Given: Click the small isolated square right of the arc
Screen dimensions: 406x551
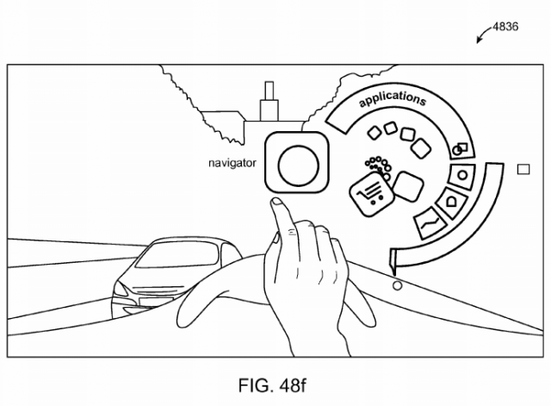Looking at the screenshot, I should (x=523, y=170).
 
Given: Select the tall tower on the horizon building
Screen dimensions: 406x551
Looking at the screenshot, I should (x=269, y=95).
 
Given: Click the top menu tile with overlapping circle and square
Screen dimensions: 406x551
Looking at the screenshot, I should (x=461, y=150).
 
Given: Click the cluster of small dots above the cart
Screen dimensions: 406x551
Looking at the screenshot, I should (x=377, y=166).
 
